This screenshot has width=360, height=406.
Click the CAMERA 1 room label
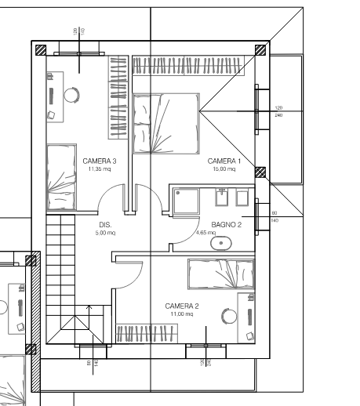[224, 161]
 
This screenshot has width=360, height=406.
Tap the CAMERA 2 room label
[181, 305]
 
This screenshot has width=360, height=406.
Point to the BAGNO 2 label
[226, 224]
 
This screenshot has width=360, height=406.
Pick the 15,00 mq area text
[224, 169]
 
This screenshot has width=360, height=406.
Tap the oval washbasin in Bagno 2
[222, 243]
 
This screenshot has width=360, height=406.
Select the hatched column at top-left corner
[38, 49]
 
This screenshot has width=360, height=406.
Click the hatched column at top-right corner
[261, 49]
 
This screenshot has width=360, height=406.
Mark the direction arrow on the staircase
[89, 310]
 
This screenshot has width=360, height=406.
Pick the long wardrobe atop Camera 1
[193, 65]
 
